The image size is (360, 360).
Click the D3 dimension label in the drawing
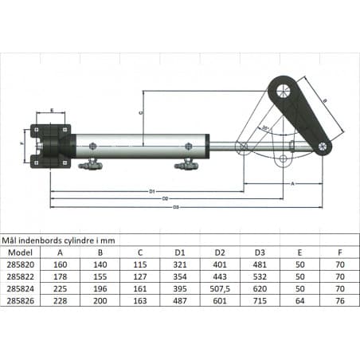click(175, 207)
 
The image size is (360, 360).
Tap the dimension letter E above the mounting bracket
click(52, 111)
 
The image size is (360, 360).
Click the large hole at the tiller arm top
click(282, 92)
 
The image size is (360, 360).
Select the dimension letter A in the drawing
click(292, 182)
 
